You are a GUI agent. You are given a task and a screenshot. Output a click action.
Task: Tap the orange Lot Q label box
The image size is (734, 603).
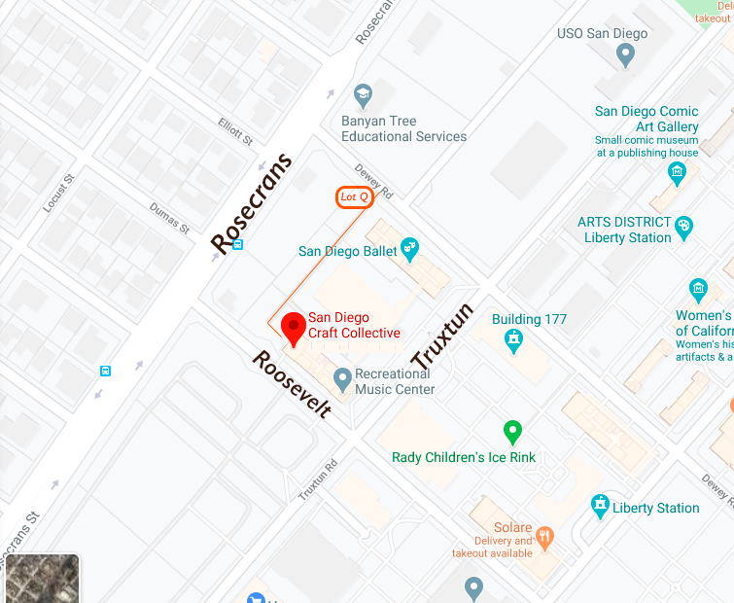click(355, 197)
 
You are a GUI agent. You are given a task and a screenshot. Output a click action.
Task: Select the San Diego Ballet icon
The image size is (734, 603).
click(409, 250)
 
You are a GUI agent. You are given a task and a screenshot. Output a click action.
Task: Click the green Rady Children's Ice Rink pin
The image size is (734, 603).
click(512, 431)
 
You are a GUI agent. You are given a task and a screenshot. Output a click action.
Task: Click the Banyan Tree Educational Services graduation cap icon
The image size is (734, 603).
click(364, 95)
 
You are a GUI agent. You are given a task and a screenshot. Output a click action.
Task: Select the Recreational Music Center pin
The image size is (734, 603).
click(341, 377)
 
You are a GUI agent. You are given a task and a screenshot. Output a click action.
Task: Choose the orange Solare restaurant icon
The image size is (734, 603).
click(544, 535)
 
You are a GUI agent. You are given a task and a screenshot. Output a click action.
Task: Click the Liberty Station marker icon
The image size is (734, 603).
click(600, 507)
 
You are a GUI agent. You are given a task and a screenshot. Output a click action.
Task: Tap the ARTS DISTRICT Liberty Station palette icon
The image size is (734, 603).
click(684, 228)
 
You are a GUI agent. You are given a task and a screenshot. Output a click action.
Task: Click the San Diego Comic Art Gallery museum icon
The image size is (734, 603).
click(677, 174)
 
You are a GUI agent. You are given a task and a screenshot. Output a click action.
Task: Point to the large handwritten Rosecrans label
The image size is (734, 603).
click(252, 204)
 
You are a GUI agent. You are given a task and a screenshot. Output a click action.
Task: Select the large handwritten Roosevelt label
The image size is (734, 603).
click(292, 384)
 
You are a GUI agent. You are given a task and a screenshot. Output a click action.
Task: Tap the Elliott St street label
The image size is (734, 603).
click(235, 131)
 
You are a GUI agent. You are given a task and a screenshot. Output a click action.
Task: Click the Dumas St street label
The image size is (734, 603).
click(170, 218)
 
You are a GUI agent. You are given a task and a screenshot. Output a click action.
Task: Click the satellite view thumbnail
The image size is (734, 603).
click(40, 579)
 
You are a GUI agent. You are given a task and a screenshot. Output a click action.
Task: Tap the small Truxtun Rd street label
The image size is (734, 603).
click(318, 479)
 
